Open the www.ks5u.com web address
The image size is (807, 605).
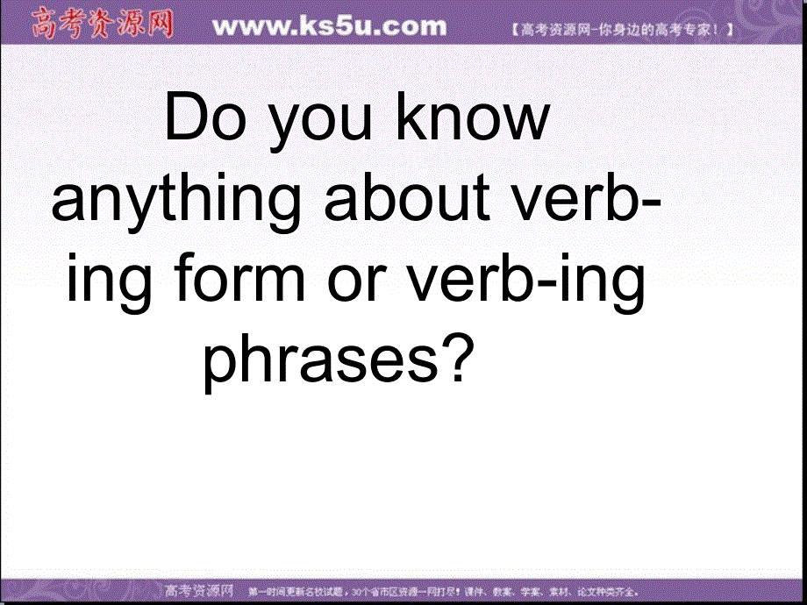330,27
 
